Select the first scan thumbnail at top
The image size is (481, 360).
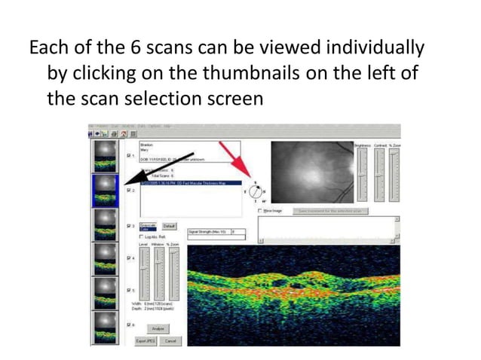[104, 155]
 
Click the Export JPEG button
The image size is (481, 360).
[146, 341]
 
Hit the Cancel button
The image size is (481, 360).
[170, 341]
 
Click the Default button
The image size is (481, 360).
[169, 226]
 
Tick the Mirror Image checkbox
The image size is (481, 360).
[260, 212]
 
